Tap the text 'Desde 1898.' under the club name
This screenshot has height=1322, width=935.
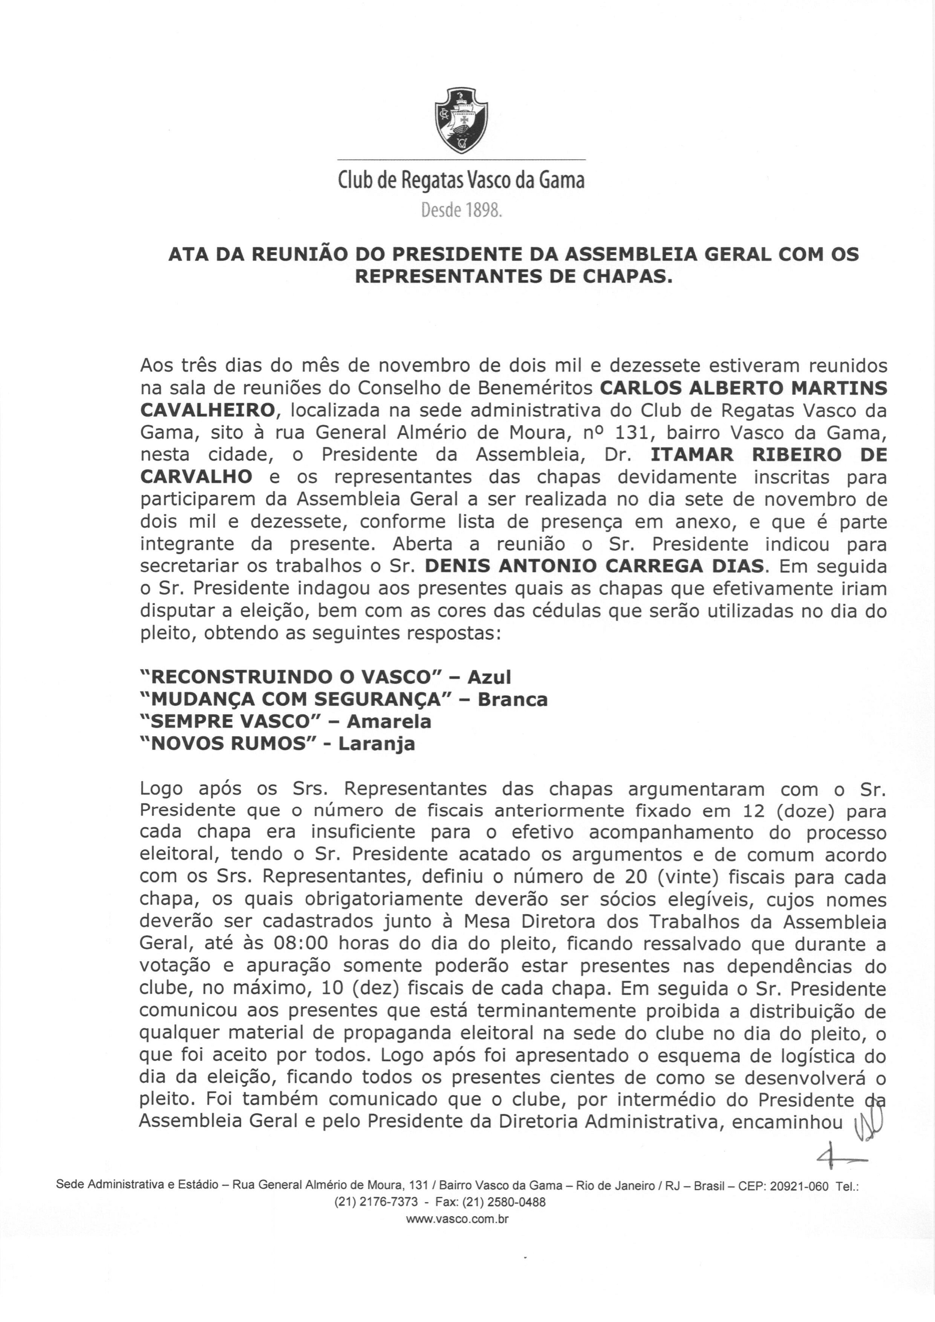[x=462, y=211]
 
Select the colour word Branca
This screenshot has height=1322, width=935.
[x=513, y=700]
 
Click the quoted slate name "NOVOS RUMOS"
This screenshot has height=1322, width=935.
[x=233, y=744]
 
